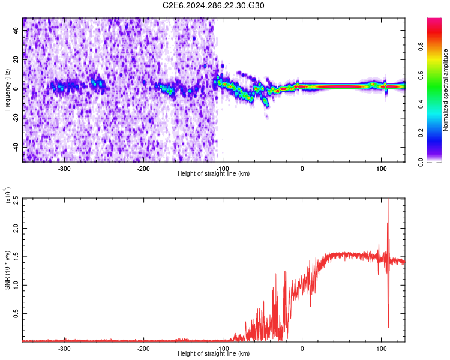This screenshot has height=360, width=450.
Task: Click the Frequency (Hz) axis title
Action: point(8,89)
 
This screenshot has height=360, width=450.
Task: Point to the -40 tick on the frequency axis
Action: point(17,147)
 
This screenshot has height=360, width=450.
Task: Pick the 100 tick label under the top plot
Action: point(382,168)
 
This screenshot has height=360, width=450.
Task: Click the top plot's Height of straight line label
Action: point(214,173)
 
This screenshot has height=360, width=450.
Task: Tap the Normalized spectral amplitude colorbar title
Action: point(446,89)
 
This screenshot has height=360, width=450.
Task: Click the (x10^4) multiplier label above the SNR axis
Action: point(8,196)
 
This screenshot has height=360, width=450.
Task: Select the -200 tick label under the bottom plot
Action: point(143,348)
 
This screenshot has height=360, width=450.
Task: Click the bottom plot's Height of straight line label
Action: point(214,354)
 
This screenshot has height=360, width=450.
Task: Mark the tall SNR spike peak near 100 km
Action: point(389,200)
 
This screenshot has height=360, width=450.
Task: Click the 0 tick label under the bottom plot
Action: point(302,348)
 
